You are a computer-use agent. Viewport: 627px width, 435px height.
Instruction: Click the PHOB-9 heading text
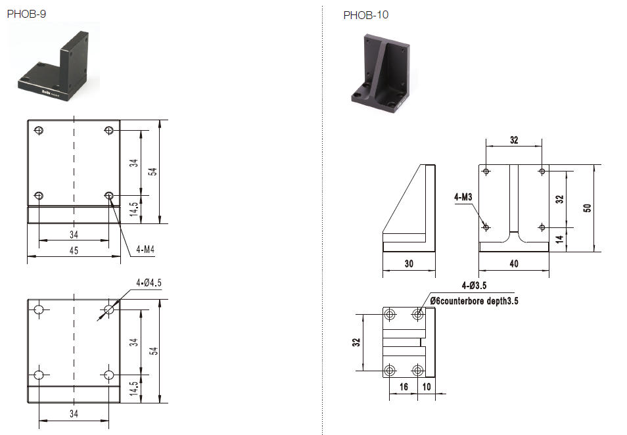pos(27,13)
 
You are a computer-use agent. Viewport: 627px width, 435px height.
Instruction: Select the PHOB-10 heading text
pos(365,15)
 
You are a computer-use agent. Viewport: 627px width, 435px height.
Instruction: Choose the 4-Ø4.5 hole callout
pos(148,283)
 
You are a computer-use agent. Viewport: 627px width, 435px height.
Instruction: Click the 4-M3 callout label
pos(463,196)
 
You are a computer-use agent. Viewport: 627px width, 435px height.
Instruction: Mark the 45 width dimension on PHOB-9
pos(74,250)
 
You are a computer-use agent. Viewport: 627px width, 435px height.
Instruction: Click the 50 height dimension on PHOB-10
pos(588,207)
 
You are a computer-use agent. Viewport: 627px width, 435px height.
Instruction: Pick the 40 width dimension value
pos(513,263)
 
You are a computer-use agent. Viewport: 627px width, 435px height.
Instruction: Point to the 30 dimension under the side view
pos(409,263)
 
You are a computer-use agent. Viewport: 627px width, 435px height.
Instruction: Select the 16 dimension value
pos(403,386)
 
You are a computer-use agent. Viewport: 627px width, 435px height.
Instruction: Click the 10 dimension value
pos(428,386)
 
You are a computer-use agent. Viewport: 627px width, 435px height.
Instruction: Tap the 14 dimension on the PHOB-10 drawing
pos(559,240)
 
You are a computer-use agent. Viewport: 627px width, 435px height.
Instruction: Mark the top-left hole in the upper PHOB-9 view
pos(39,130)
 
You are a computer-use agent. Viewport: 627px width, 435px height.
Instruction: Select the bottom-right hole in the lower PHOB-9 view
pos(109,375)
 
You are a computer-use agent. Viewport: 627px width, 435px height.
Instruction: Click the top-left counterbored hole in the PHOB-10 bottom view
pos(390,315)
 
